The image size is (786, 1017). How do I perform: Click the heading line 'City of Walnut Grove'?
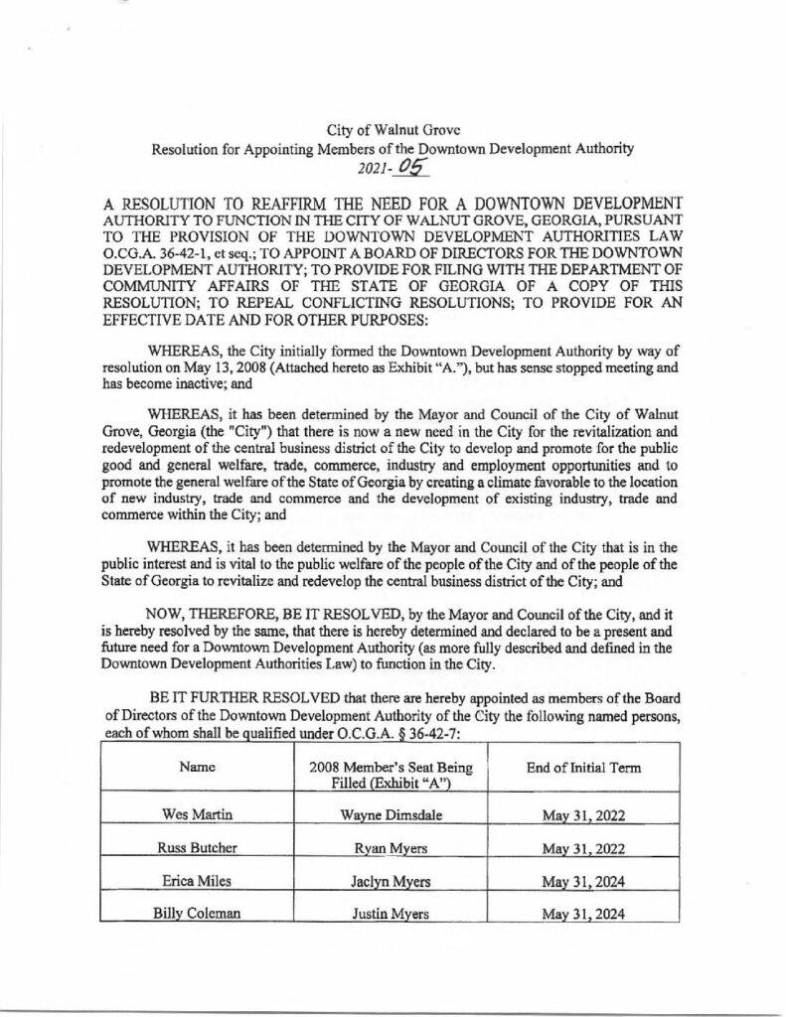pyautogui.click(x=391, y=131)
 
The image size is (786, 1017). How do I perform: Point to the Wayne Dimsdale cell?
pyautogui.click(x=391, y=816)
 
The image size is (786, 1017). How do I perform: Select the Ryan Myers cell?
pyautogui.click(x=391, y=849)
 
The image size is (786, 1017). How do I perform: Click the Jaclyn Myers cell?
pyautogui.click(x=391, y=882)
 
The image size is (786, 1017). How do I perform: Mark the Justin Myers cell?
pyautogui.click(x=391, y=915)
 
